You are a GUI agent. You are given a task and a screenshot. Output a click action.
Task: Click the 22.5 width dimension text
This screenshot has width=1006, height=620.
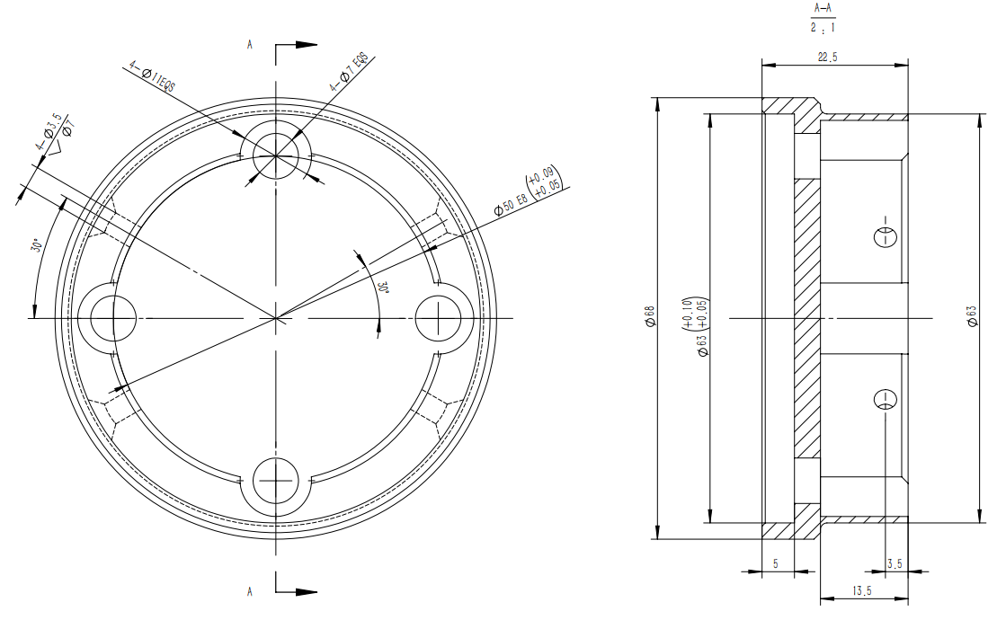(828, 58)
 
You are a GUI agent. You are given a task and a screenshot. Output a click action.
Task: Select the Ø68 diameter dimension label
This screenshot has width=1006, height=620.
(650, 316)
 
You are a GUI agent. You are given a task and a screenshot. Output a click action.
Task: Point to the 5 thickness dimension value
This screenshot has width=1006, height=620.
(776, 563)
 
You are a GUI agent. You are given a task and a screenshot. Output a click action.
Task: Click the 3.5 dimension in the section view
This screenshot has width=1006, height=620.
(895, 563)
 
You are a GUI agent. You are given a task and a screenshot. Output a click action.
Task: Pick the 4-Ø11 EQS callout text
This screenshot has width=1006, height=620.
(152, 77)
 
